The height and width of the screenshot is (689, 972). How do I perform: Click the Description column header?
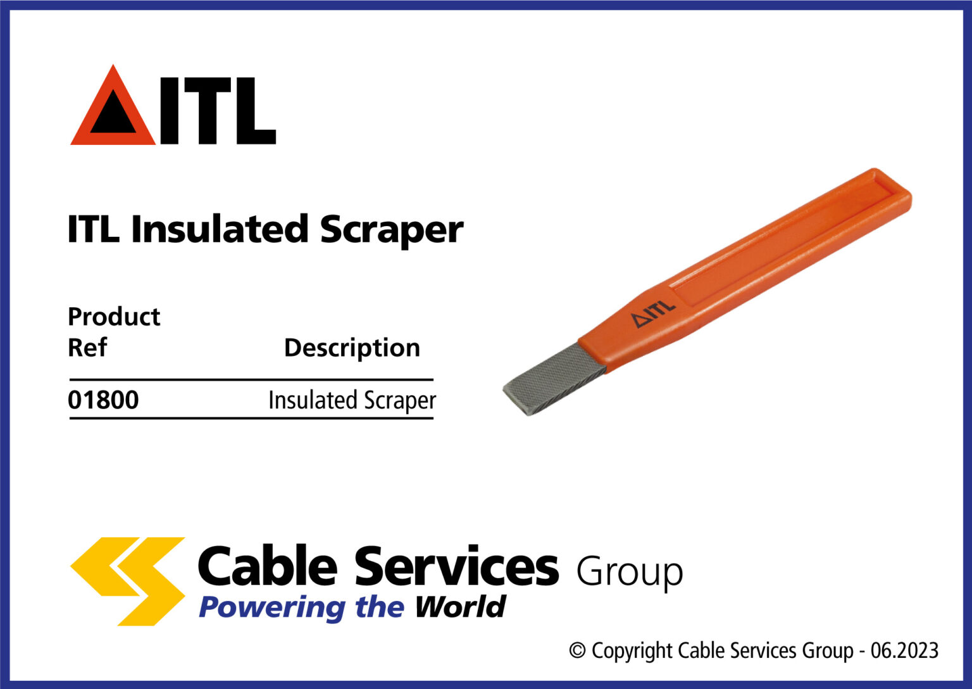(x=352, y=348)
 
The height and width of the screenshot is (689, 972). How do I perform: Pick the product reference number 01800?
(x=103, y=400)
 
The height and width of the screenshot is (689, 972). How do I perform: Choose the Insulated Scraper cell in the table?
(x=352, y=400)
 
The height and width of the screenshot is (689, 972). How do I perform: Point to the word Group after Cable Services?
(x=629, y=572)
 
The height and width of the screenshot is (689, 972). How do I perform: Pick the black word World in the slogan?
(x=460, y=607)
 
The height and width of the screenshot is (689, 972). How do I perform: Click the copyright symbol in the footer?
(x=577, y=650)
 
